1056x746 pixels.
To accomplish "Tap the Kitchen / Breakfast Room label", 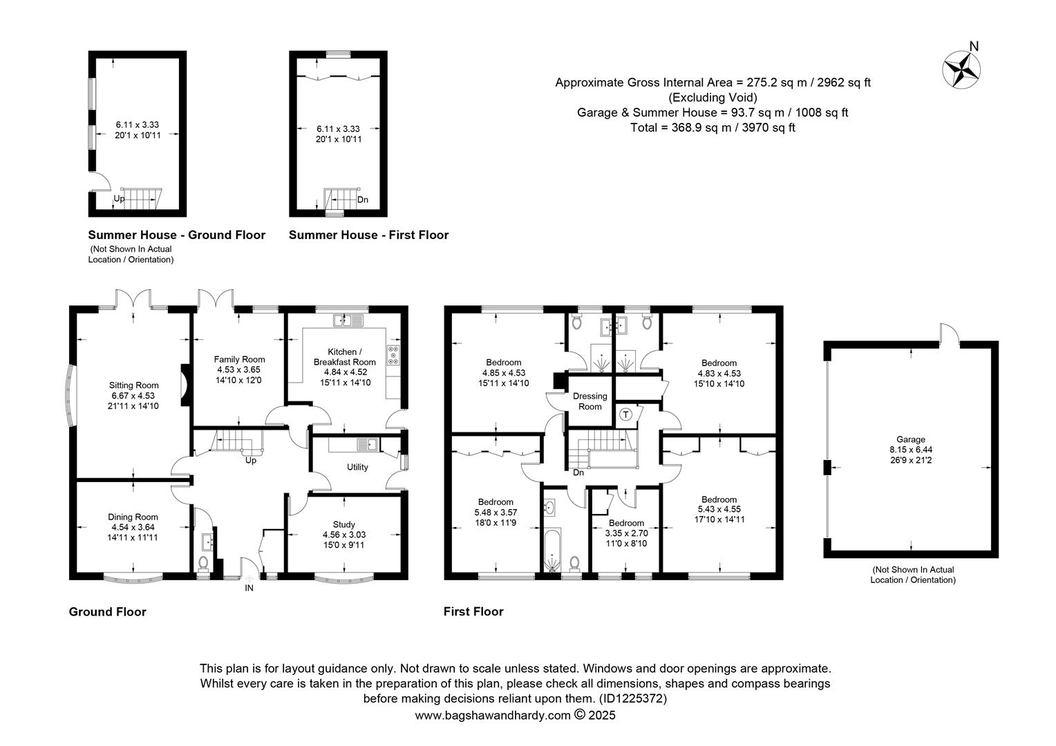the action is pos(345,356).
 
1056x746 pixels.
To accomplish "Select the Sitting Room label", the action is pos(134,385).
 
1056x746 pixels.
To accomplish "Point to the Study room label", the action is pos(343,524).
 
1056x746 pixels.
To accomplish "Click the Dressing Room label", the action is pos(590,401).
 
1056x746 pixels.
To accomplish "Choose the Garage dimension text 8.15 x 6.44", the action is pos(911,450).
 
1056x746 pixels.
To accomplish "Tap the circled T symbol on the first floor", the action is pos(625,414).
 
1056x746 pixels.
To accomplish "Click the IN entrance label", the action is pos(249,588).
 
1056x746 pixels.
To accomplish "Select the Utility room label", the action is pos(357,467).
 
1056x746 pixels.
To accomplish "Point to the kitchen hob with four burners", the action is pos(393,355).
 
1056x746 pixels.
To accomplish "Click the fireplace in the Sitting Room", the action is pos(184,385).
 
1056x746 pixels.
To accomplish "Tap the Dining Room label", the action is pos(133,517).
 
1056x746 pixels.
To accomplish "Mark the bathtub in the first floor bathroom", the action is pos(552,550).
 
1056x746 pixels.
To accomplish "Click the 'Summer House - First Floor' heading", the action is pos(368,235).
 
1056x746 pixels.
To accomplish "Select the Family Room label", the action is pos(240,359).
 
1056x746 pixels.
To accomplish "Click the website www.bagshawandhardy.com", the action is pos(493,716).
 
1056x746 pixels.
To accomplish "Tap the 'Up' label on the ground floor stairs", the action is pos(251,460).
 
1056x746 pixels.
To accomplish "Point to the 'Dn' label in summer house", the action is pos(363,200).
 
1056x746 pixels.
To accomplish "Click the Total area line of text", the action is pos(713,127).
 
